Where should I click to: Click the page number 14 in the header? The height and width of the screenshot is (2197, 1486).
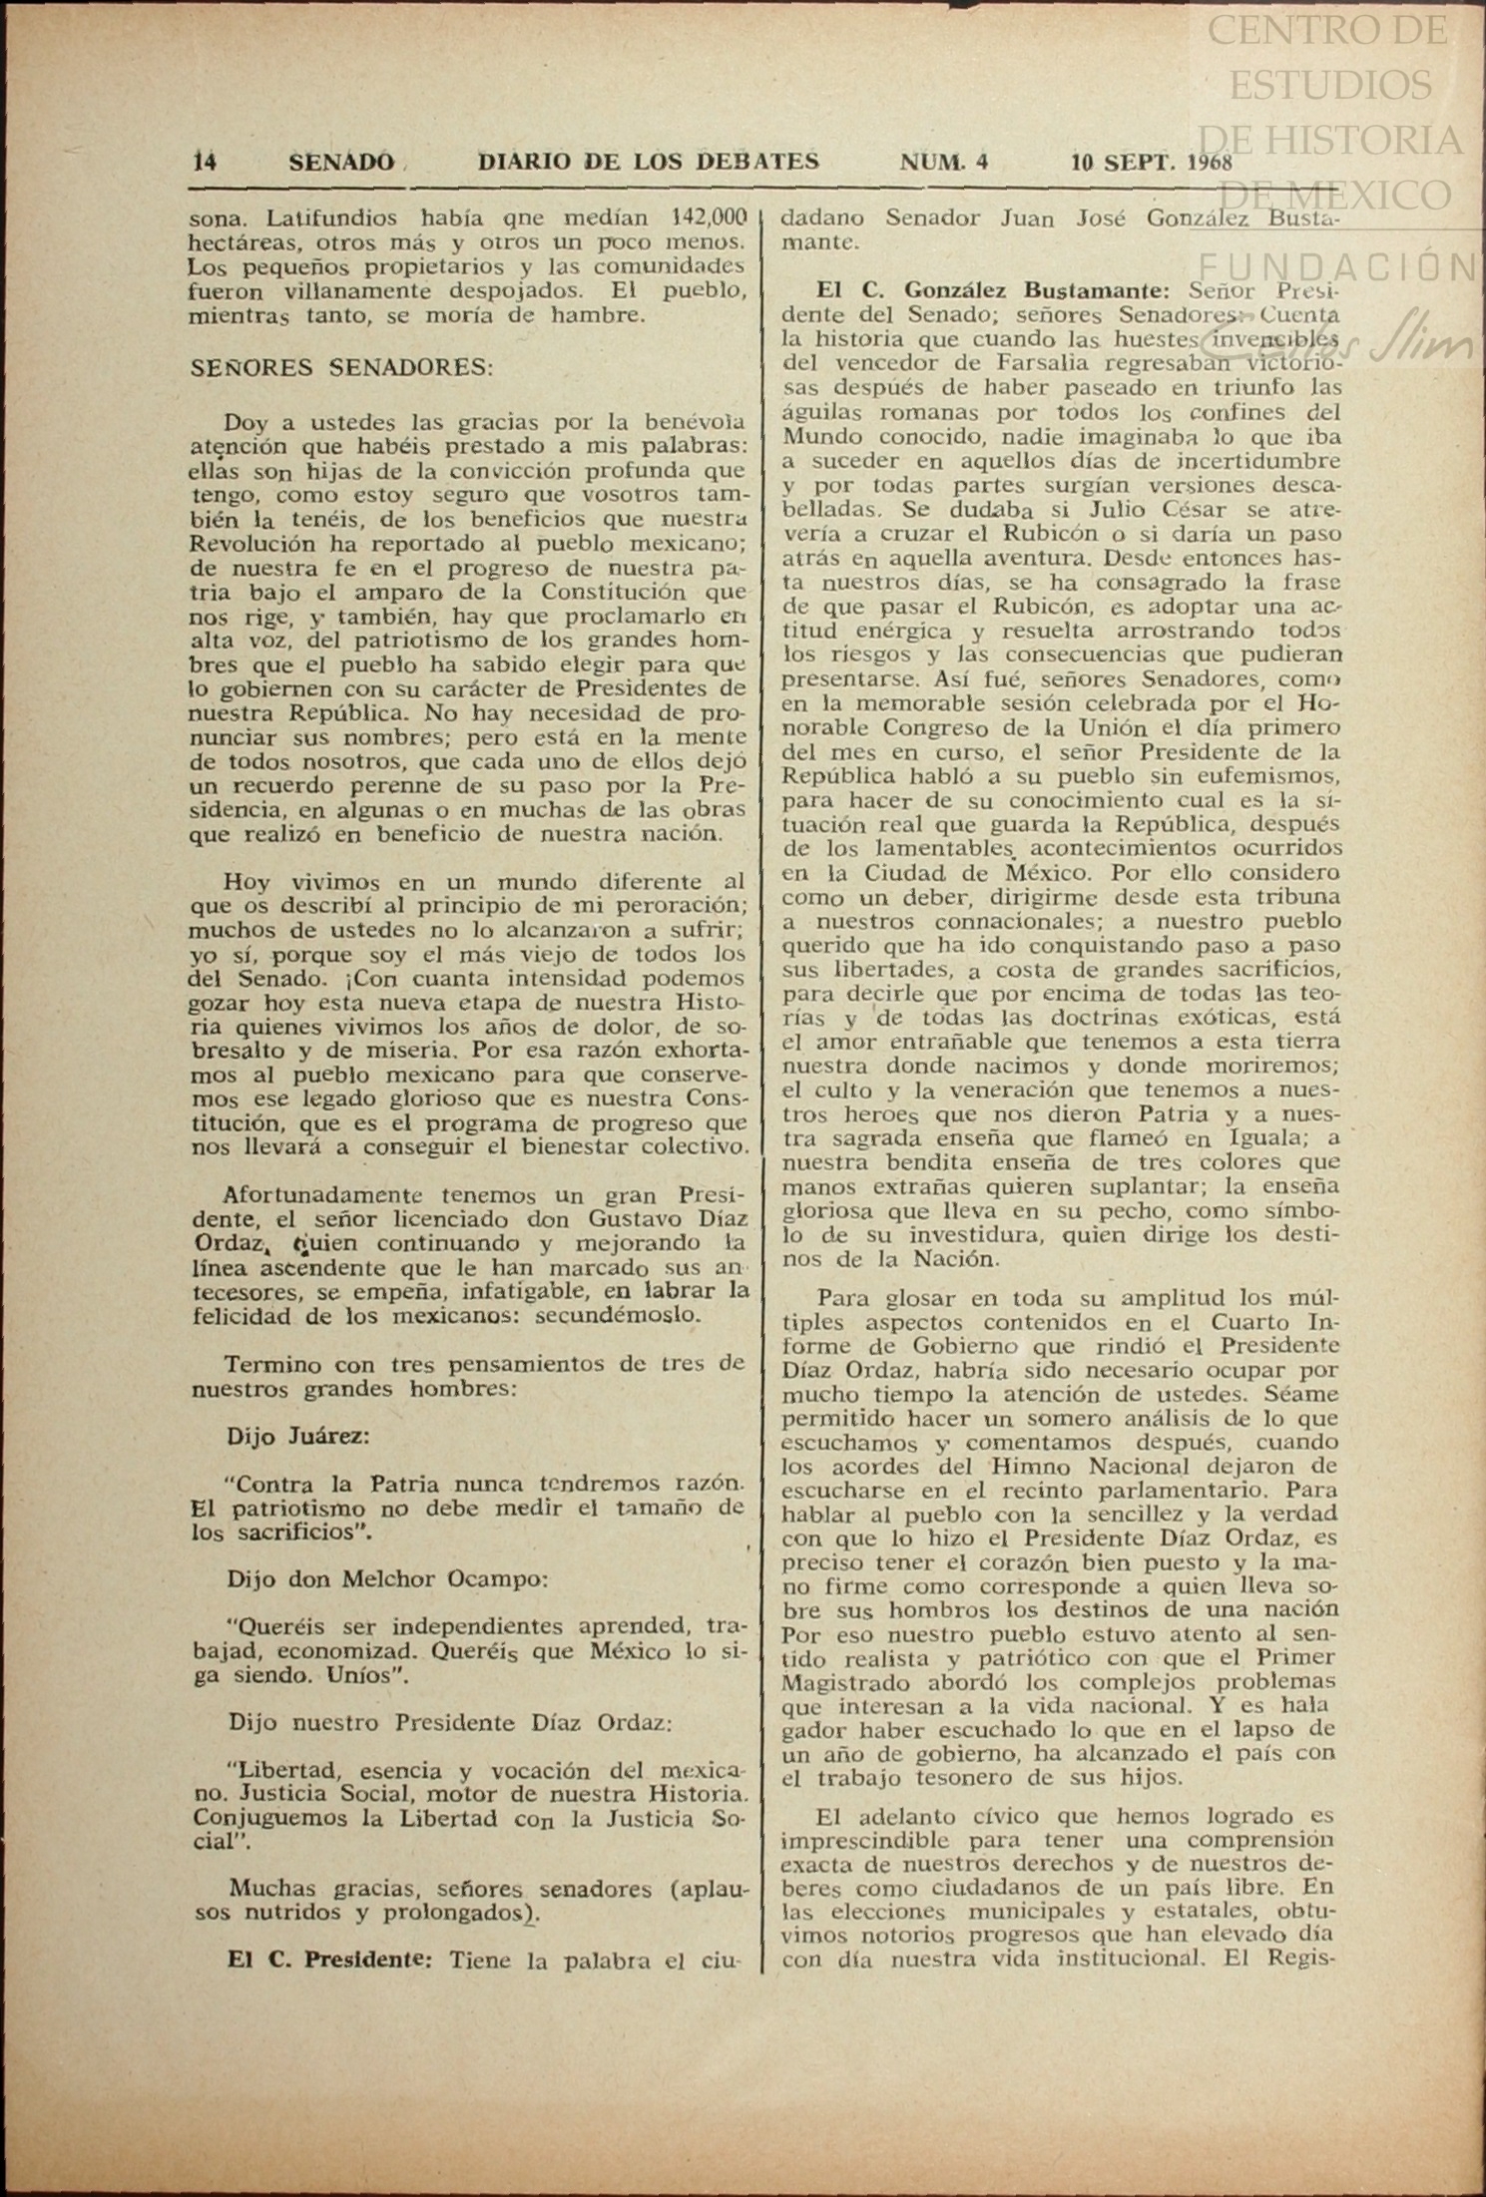[205, 162]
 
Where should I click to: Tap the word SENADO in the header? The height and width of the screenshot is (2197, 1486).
[341, 162]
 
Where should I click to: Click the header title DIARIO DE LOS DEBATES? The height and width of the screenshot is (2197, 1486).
[649, 162]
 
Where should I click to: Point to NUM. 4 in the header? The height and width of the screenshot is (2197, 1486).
[944, 162]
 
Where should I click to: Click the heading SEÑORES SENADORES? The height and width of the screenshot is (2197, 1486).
[341, 366]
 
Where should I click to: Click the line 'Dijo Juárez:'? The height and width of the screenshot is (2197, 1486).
[298, 1436]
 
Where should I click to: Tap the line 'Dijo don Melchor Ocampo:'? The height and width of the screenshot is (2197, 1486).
[387, 1579]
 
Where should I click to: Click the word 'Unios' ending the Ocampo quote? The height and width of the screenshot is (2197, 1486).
[364, 1676]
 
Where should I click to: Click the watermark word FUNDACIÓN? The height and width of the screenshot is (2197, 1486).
[1337, 266]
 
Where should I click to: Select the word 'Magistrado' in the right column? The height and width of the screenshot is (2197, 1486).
[843, 1682]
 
